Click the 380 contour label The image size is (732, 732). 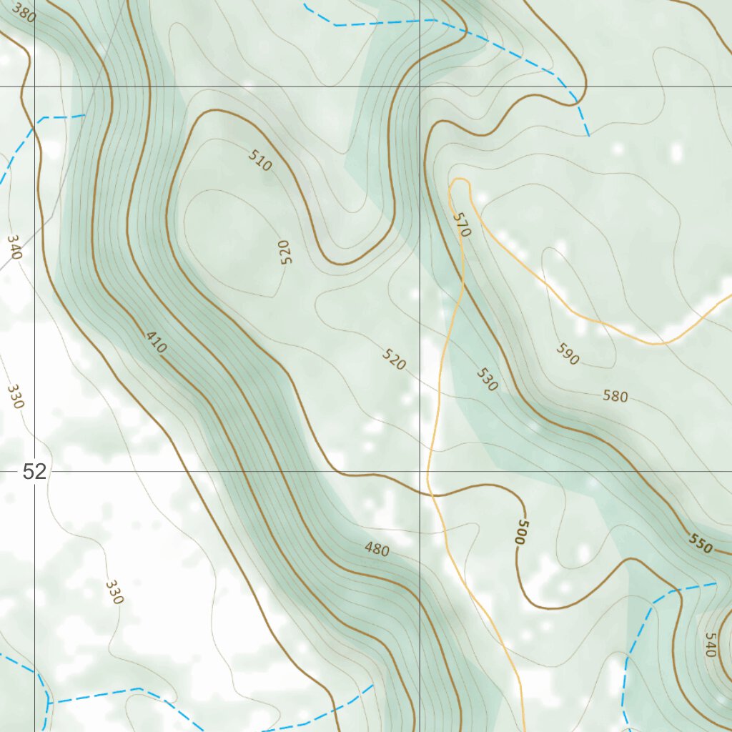point(24,15)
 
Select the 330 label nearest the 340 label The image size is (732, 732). point(15,396)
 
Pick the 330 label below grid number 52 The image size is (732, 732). point(114,592)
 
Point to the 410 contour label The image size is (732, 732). point(156,342)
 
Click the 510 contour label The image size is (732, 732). point(260,161)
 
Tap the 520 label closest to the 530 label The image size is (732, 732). point(394,360)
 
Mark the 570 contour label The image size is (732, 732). point(463,225)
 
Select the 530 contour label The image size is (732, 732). point(486,380)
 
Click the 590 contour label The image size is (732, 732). point(567,354)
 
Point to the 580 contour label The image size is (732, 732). point(615,395)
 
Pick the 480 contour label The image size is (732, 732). point(377,549)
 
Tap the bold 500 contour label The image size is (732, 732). point(520,533)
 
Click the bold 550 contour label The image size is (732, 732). point(701,543)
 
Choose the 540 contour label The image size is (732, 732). point(710,645)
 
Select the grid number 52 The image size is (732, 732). point(34,471)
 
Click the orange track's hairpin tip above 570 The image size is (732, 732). point(459,180)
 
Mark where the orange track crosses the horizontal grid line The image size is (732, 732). point(427,472)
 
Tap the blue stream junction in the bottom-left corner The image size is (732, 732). point(49,702)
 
